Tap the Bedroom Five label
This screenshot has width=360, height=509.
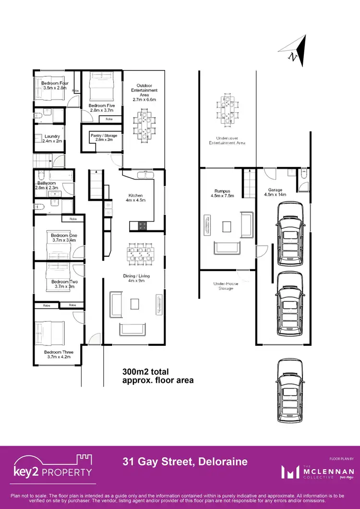click(102, 108)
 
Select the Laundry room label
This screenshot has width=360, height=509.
click(52, 139)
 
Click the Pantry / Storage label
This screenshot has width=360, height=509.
click(104, 138)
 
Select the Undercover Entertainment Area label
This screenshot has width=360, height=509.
click(227, 141)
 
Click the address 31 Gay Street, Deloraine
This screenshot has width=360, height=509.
click(184, 462)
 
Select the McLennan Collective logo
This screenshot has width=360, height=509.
click(318, 472)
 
